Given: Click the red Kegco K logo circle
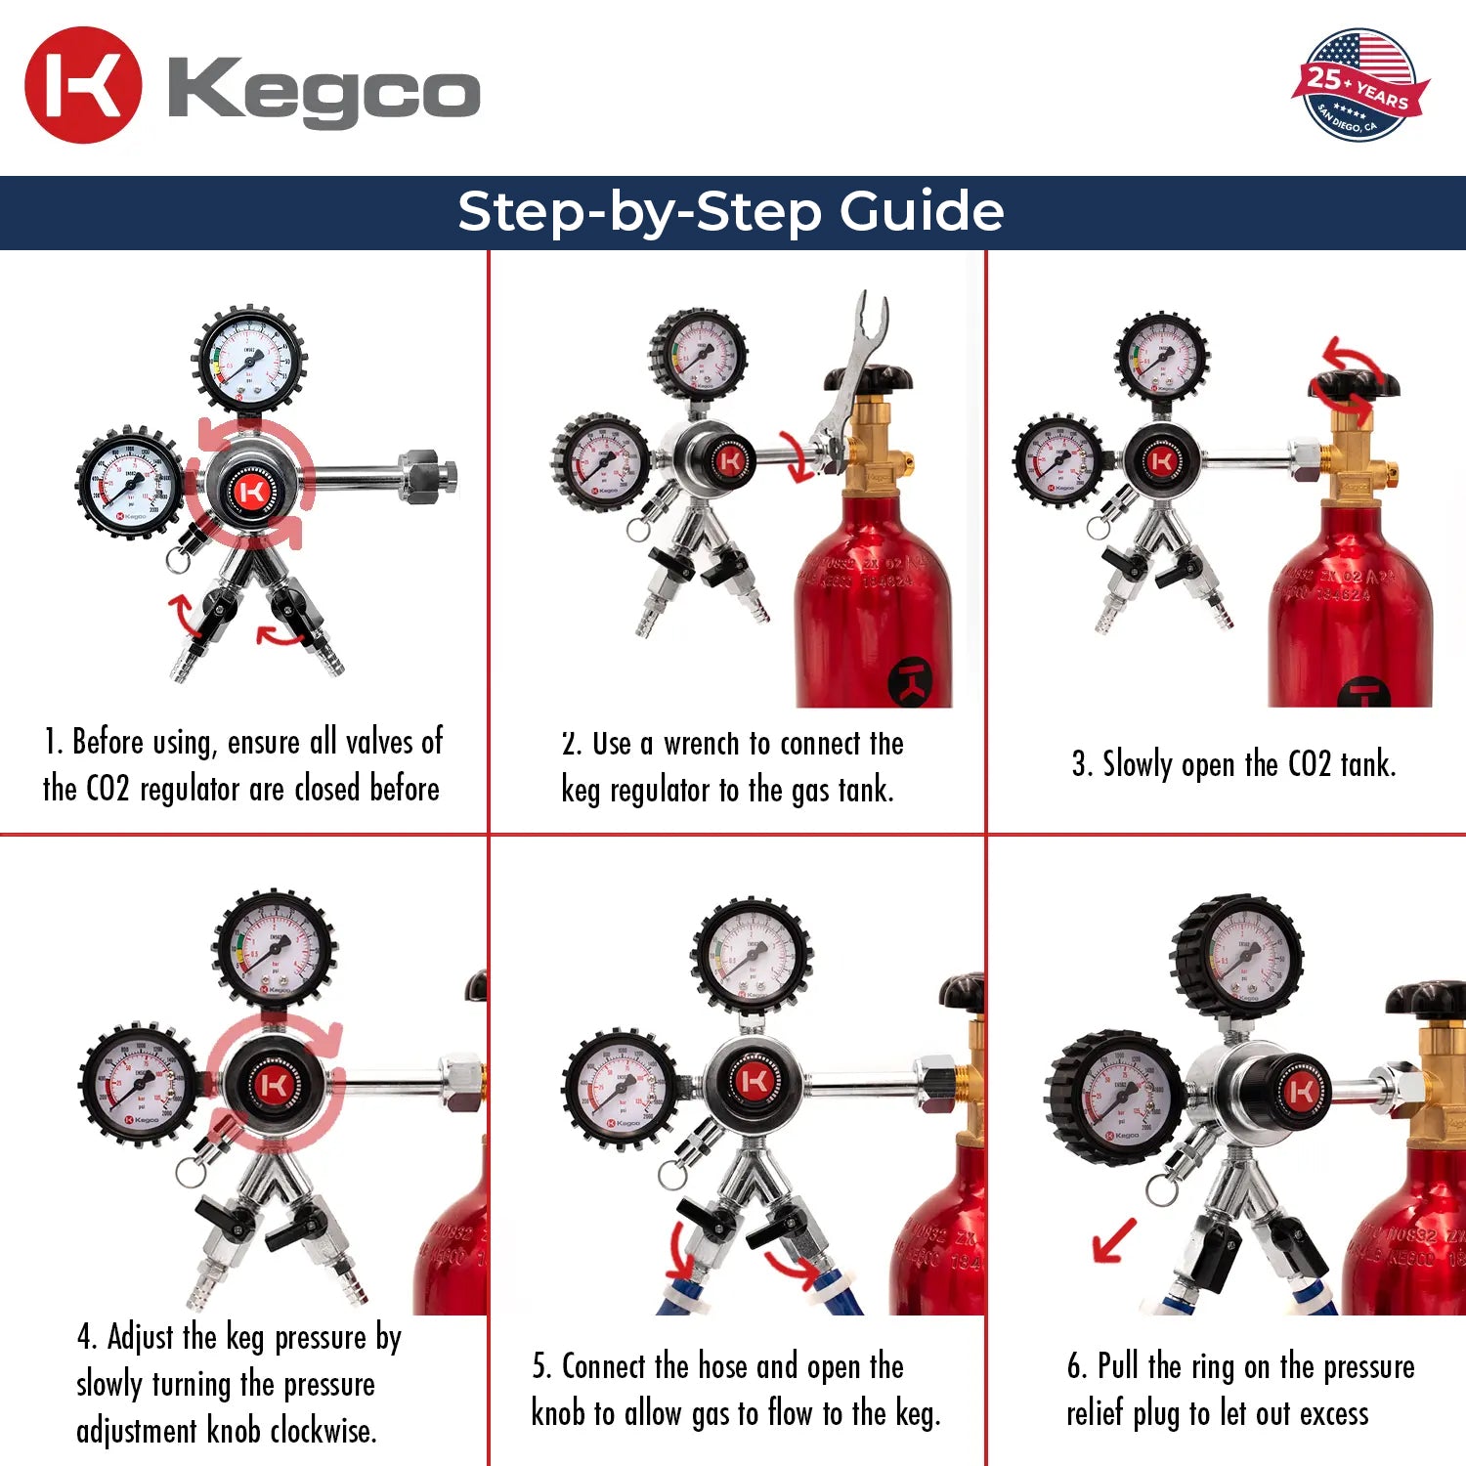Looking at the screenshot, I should click(83, 86).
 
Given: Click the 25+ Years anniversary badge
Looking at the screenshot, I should click(1359, 86).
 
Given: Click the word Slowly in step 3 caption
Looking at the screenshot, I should click(1137, 764).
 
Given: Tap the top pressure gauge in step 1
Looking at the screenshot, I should click(249, 360).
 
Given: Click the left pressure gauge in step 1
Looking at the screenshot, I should click(130, 482).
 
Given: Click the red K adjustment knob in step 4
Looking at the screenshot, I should click(273, 1086).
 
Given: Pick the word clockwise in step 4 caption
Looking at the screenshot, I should click(323, 1431).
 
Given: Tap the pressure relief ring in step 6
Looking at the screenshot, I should click(1160, 1189).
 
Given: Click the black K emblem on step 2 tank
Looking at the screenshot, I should click(909, 681).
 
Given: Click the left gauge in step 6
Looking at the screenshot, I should click(1114, 1097).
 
